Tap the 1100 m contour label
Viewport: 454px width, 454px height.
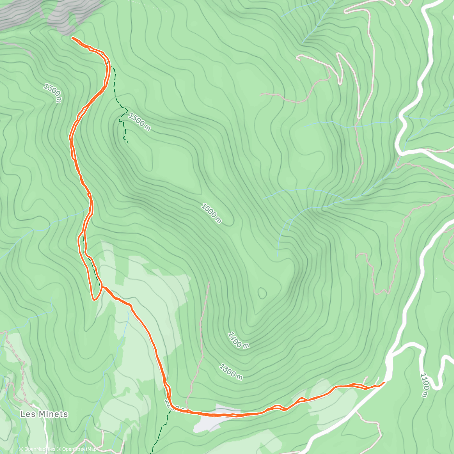point(425,386)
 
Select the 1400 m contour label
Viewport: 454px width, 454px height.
point(239,340)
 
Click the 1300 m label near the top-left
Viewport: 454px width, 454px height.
point(53,93)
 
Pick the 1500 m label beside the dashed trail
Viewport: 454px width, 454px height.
point(139,122)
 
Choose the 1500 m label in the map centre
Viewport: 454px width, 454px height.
point(211,213)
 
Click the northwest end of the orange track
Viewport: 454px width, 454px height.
point(73,37)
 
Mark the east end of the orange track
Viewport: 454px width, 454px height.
point(384,383)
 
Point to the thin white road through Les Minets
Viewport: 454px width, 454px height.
point(45,431)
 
